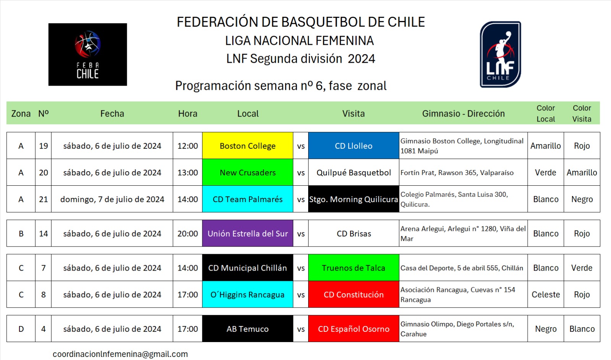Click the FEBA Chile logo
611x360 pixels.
pos(87,54)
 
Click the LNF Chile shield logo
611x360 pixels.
pos(501,54)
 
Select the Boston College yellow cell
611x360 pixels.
pos(248,146)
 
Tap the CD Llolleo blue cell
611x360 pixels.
pos(354,146)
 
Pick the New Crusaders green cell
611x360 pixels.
pos(248,172)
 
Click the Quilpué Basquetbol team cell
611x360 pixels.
pos(354,172)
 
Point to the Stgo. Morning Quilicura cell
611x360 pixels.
pos(354,199)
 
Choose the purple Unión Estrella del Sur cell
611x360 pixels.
pos(248,234)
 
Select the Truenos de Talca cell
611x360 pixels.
pos(354,268)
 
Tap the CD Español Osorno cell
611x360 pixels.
pos(354,329)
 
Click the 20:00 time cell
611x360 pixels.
pos(188,234)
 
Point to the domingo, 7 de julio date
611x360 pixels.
pos(112,199)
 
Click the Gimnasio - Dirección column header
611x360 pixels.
pos(464,113)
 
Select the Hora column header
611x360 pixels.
pos(188,113)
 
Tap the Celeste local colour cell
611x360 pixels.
pos(546,294)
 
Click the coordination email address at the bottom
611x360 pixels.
pos(120,354)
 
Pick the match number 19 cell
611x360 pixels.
pos(44,146)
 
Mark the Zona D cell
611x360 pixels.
pos(21,329)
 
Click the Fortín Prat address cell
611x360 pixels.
pos(463,172)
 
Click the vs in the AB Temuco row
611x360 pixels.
pos(301,329)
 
